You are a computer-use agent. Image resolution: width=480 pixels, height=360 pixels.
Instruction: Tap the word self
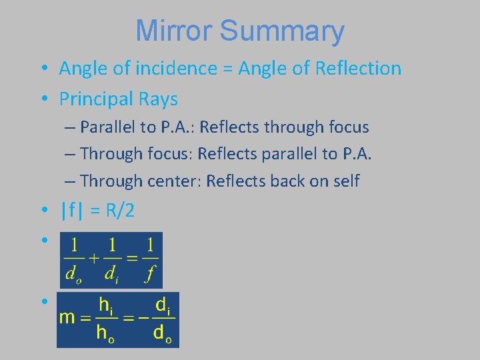(345, 181)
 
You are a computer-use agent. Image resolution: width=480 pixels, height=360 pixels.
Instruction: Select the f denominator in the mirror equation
(151, 273)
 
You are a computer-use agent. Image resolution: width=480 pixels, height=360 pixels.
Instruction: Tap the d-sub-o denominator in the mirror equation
(72, 274)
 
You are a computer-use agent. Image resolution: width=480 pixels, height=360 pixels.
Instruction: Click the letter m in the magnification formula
(67, 317)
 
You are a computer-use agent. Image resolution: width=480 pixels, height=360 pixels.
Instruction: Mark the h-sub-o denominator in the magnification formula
(105, 333)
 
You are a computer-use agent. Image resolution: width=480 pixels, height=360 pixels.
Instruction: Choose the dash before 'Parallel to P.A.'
(70, 127)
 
